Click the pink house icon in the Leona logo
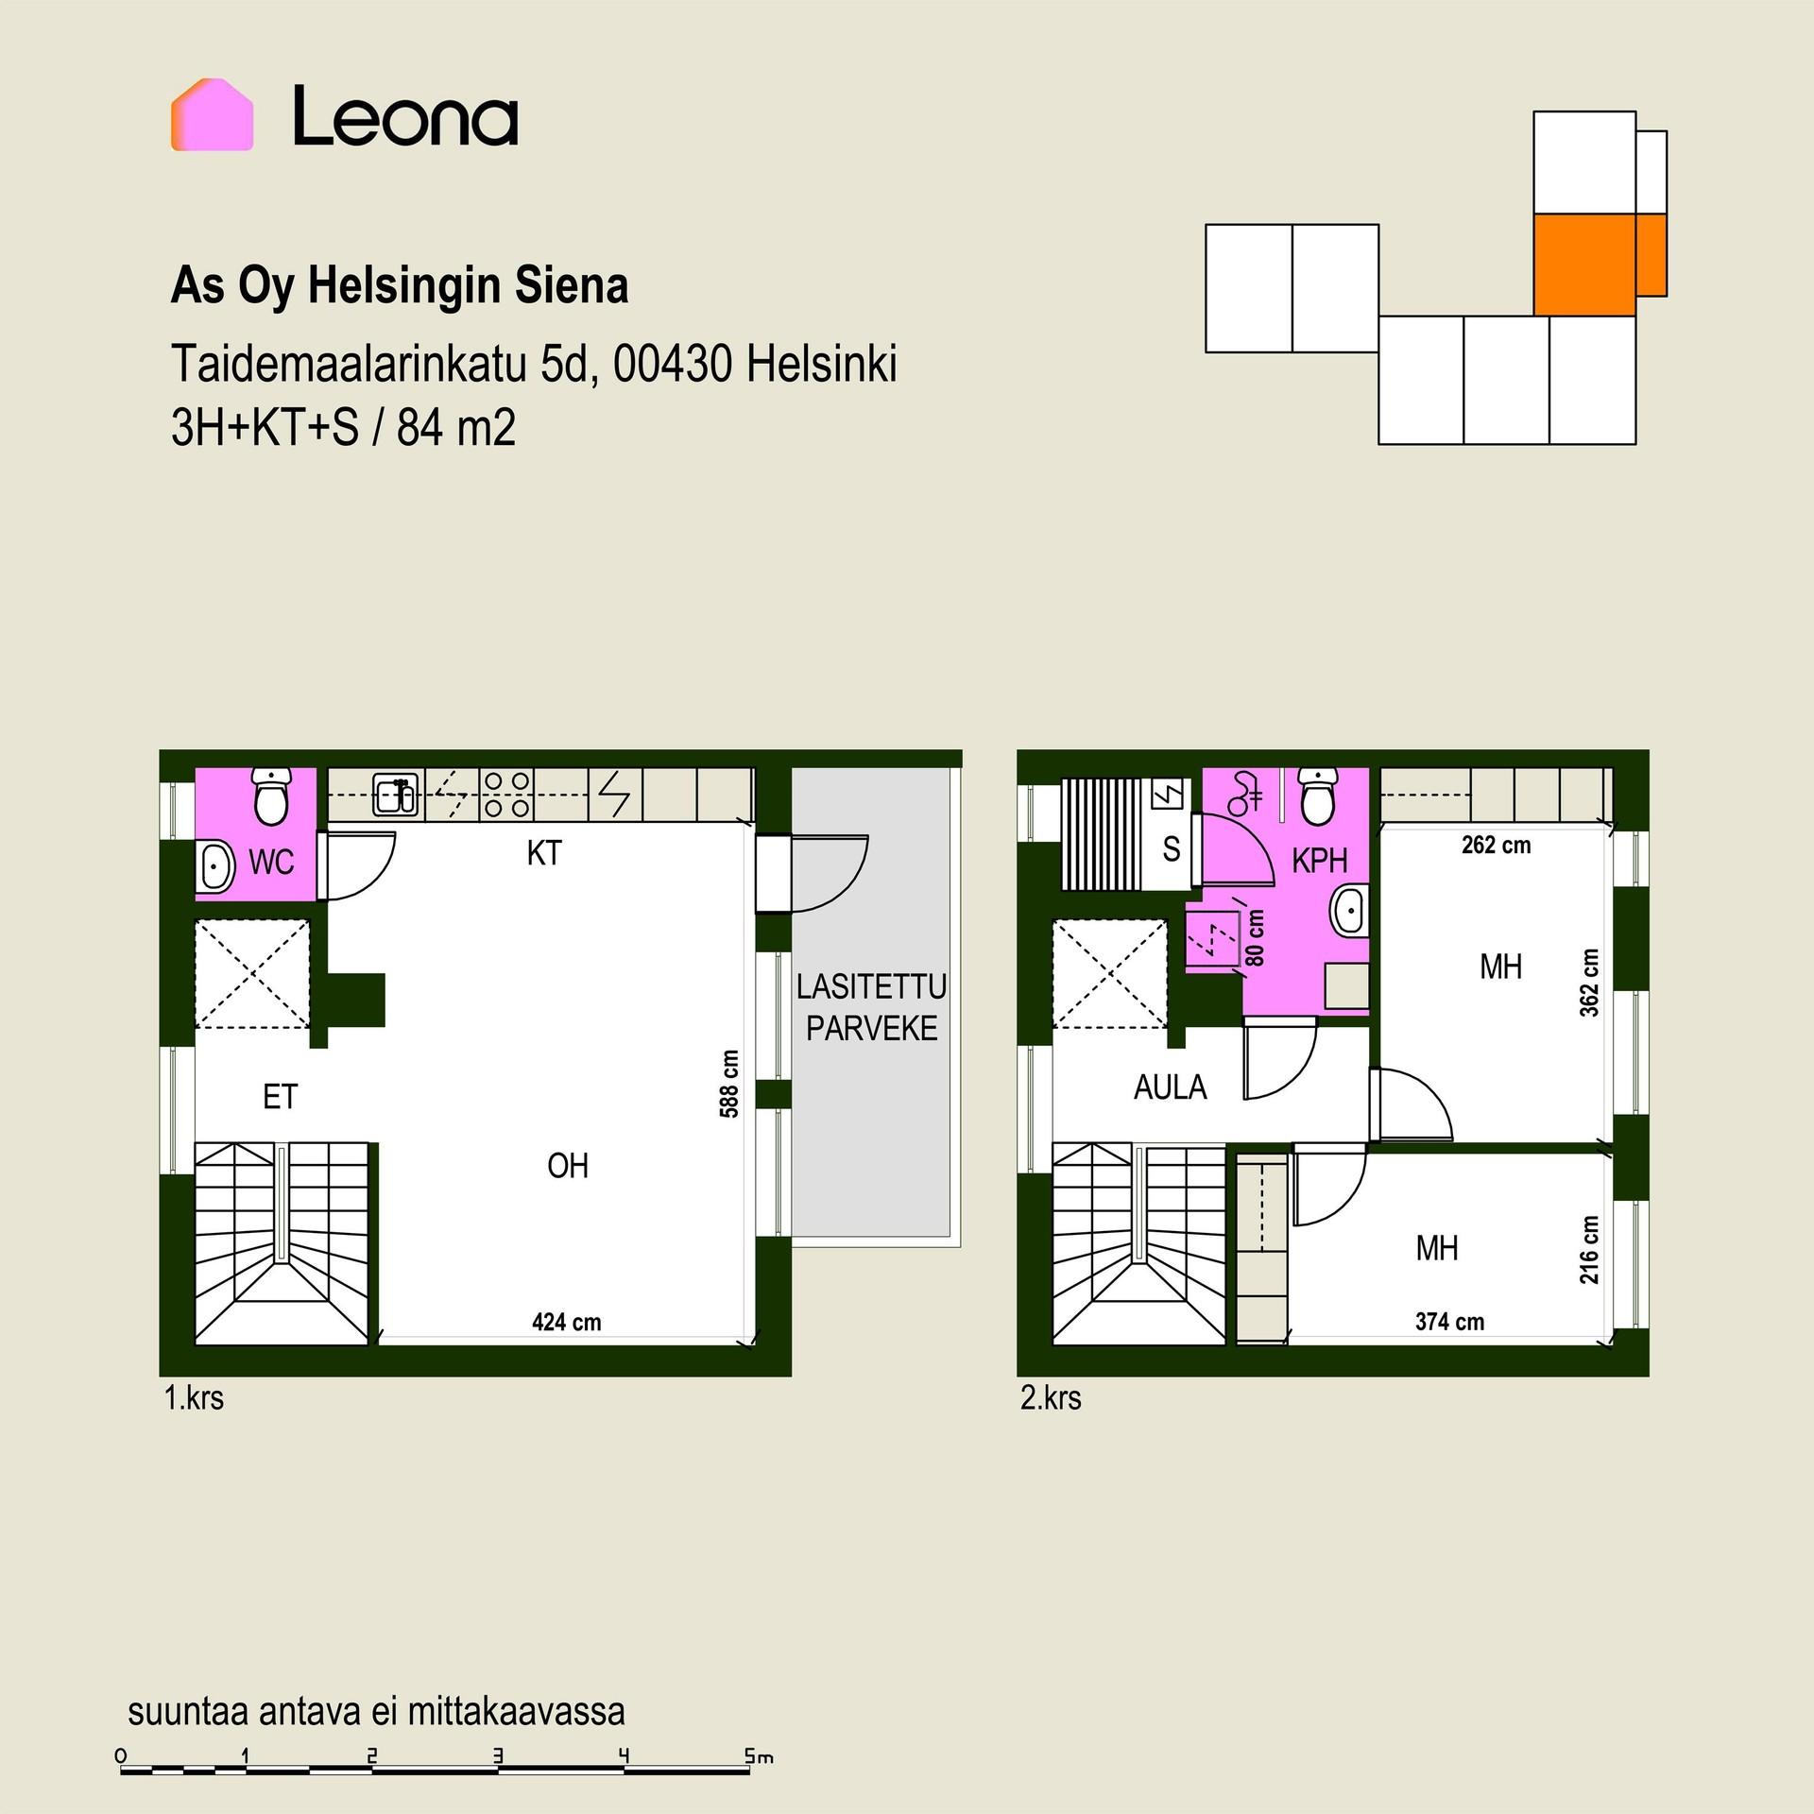[x=212, y=114]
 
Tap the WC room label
[x=271, y=862]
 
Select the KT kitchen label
[x=544, y=853]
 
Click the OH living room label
[x=568, y=1166]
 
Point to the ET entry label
[x=280, y=1097]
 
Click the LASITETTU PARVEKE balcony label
[x=871, y=1007]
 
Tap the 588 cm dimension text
[x=729, y=1084]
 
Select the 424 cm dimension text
[x=566, y=1322]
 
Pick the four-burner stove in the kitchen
[x=507, y=794]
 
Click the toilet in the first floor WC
[x=271, y=796]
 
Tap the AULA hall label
[x=1170, y=1087]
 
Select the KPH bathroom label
[x=1319, y=861]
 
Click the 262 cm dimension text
[x=1496, y=845]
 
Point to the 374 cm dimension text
[x=1449, y=1322]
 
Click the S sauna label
[x=1172, y=849]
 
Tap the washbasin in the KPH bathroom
[x=1349, y=911]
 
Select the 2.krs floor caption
[x=1051, y=1398]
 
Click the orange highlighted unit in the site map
[x=1599, y=264]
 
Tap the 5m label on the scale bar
[x=759, y=1757]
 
